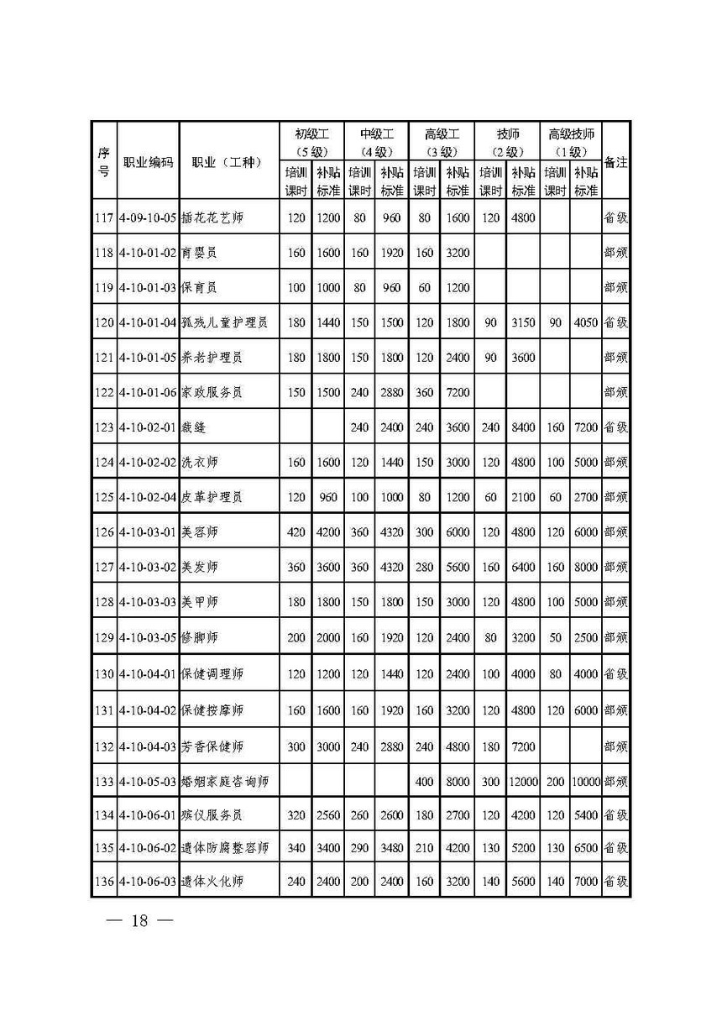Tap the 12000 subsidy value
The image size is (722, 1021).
point(522,781)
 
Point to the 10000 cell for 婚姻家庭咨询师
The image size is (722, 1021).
point(587,781)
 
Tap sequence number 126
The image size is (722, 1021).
point(104,532)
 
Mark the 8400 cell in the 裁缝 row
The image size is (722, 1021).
point(522,427)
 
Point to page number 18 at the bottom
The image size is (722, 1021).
point(139,920)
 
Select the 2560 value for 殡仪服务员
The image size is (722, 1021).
point(327,815)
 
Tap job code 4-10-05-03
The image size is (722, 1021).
point(147,781)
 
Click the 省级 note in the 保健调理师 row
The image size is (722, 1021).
point(616,673)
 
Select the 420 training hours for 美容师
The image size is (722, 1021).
point(296,532)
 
